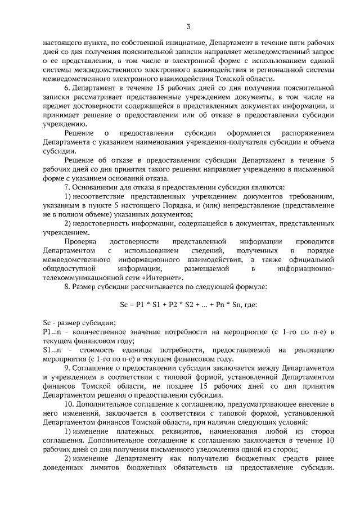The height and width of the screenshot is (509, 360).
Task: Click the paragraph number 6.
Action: click(x=67, y=88)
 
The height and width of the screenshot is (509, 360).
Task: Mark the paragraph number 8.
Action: click(x=67, y=287)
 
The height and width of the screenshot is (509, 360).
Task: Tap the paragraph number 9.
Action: click(x=67, y=368)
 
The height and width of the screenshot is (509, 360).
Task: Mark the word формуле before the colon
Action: click(x=250, y=287)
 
